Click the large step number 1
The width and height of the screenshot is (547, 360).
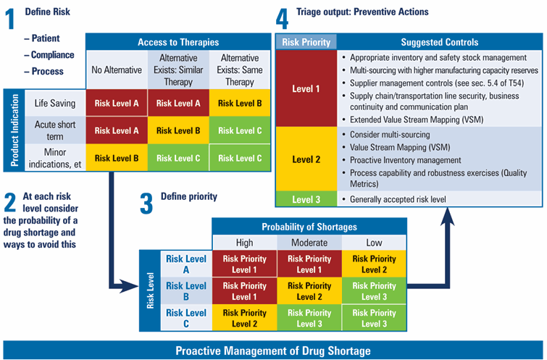click(x=11, y=20)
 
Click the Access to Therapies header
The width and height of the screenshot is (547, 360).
click(x=178, y=42)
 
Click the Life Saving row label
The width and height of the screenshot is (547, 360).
click(x=56, y=102)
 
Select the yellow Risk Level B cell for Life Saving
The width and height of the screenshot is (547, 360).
click(x=240, y=103)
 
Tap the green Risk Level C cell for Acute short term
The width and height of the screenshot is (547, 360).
click(x=240, y=130)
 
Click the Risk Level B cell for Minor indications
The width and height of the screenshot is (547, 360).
click(x=116, y=157)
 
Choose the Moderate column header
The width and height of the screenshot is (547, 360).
click(x=309, y=243)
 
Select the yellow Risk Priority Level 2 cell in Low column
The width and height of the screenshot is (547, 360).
click(x=373, y=264)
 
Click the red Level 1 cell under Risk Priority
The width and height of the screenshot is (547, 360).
click(x=304, y=88)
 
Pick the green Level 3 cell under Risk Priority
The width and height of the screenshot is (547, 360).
click(x=304, y=198)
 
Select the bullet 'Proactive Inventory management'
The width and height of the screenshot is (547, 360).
click(x=405, y=160)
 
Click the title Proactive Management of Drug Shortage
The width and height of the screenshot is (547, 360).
click(x=273, y=351)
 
